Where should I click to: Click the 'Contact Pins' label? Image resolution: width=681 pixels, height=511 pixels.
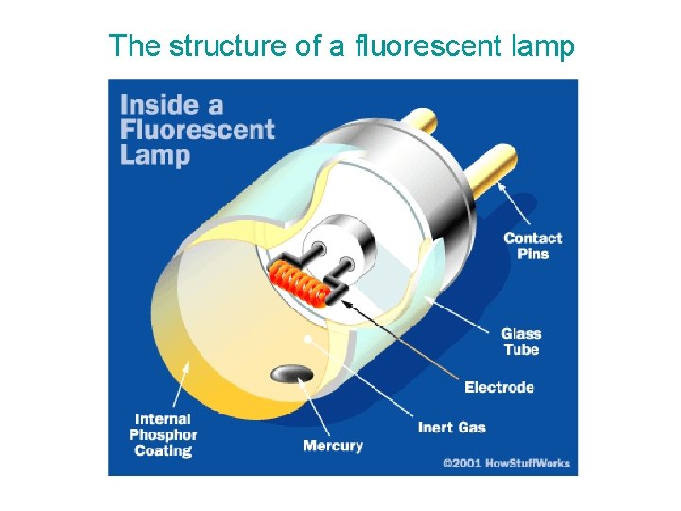pos(532,246)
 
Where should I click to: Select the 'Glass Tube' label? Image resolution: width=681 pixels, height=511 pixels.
pos(520,342)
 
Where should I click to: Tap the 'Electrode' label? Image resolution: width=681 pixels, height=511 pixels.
pos(499,387)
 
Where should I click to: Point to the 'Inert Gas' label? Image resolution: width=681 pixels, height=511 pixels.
pos(451,427)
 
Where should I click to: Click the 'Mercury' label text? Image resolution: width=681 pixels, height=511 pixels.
pos(332,445)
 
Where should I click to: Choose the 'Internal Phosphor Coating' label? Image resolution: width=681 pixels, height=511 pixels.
pos(163,434)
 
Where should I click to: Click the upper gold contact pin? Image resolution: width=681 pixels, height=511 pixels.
pos(420,120)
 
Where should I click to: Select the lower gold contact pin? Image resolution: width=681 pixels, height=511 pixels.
pos(494,162)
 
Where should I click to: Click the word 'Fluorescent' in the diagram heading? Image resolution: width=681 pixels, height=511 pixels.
pos(197,130)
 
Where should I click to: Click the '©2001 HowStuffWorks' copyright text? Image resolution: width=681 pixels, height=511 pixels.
pos(506,463)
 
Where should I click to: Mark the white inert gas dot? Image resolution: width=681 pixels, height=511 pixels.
pos(307,338)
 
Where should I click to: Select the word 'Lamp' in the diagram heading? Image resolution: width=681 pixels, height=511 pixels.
pos(155,155)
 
